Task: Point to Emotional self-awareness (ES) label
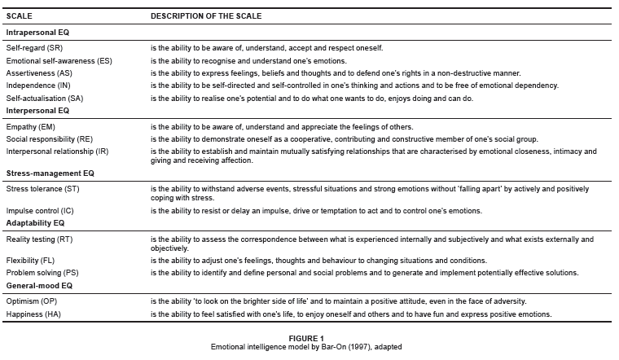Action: click(59, 61)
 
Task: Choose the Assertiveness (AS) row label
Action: click(41, 73)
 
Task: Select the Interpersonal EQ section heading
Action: click(37, 110)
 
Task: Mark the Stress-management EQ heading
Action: click(50, 173)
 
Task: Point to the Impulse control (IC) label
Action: click(40, 211)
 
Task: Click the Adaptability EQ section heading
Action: click(36, 222)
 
